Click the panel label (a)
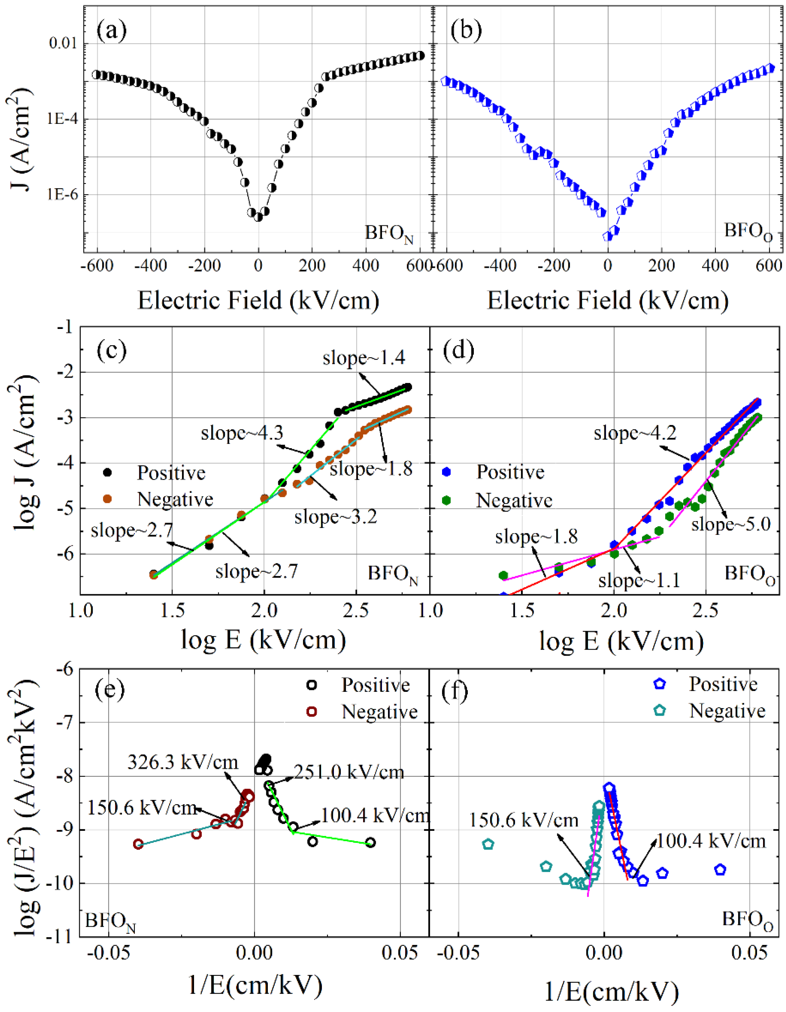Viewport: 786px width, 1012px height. [111, 31]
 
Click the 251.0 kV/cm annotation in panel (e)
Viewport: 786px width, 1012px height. [348, 772]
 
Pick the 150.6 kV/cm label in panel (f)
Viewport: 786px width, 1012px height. [524, 820]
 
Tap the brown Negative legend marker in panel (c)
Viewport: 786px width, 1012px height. [108, 499]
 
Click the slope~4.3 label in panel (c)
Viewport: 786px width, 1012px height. [242, 433]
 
